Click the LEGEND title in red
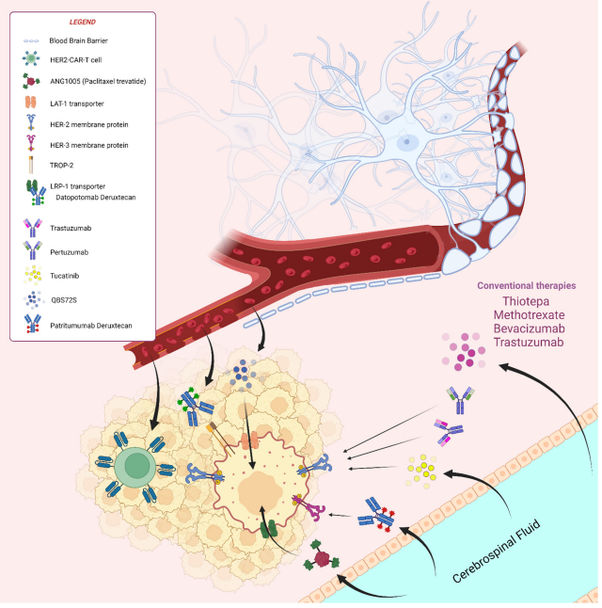pos(82,22)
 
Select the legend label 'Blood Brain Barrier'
pos(78,40)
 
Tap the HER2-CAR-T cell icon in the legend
pos(31,58)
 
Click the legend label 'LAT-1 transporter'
pos(77,104)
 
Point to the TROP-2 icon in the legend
pos(31,165)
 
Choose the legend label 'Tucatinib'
pos(64,276)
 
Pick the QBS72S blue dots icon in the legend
pos(33,299)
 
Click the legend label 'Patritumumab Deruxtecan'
pos(91,326)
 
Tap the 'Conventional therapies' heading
pos(527,286)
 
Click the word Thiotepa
pos(526,301)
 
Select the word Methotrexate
pos(530,315)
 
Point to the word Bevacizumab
pos(530,328)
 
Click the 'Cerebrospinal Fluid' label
pos(496,552)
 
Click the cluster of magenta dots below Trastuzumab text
pos(464,351)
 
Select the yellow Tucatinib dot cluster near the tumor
pos(421,472)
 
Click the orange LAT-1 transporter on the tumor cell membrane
pos(250,440)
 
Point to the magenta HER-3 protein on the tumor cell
pos(309,506)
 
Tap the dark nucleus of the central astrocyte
pos(406,142)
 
